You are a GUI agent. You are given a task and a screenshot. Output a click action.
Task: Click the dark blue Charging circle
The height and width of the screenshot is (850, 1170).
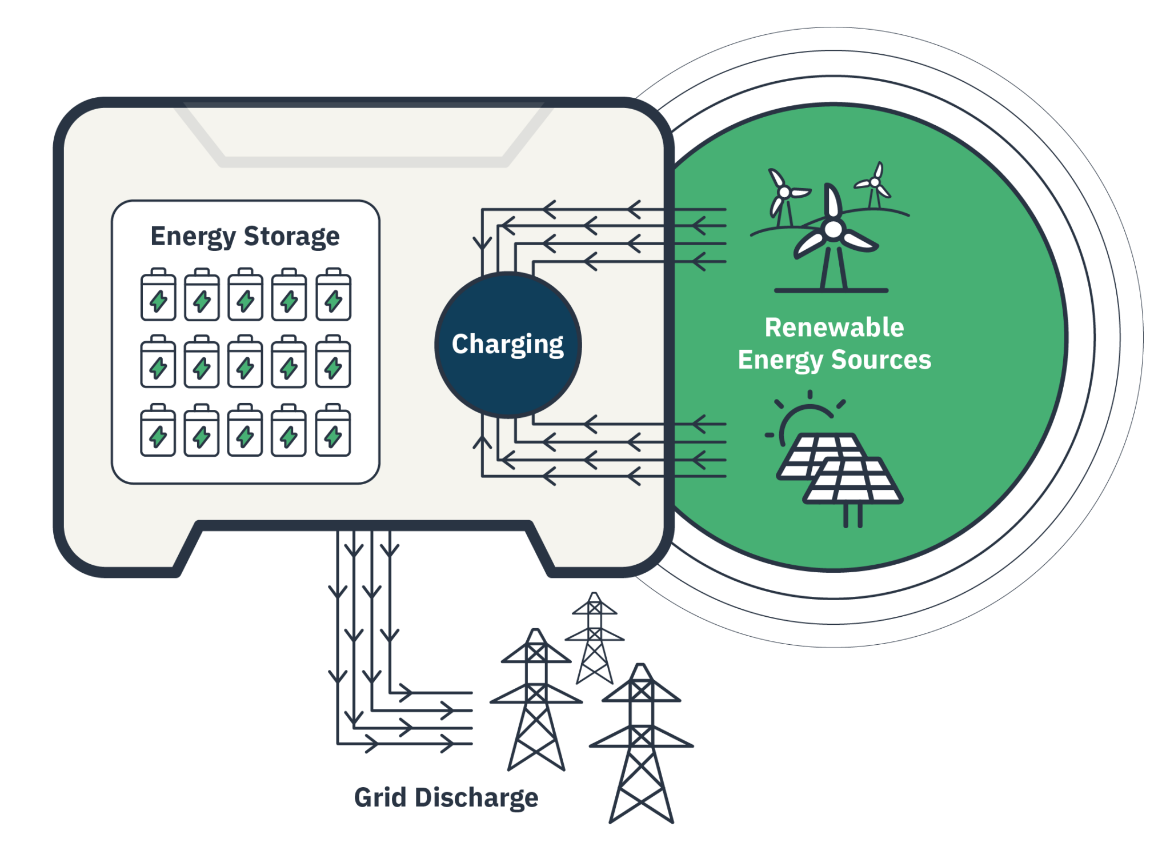(508, 345)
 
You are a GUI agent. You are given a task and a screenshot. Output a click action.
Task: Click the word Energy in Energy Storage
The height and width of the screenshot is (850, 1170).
(193, 236)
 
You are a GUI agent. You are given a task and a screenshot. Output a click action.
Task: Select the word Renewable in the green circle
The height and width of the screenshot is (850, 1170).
(834, 328)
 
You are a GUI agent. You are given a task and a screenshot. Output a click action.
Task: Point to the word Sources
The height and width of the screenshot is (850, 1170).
(881, 360)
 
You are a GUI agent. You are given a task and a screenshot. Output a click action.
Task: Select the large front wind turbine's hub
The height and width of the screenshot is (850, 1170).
(833, 230)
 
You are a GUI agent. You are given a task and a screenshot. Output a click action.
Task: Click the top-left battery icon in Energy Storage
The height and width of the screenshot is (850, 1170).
(158, 295)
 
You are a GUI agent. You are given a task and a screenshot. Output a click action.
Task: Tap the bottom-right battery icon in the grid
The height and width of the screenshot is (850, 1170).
(333, 431)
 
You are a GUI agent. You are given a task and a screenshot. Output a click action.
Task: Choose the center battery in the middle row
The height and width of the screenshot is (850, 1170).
(245, 362)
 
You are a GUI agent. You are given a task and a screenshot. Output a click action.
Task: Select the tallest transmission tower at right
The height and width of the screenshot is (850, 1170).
(642, 743)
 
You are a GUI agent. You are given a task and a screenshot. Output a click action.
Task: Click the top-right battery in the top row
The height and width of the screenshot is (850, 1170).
(333, 295)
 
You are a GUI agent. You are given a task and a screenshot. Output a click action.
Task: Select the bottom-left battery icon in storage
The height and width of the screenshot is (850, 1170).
(158, 431)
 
